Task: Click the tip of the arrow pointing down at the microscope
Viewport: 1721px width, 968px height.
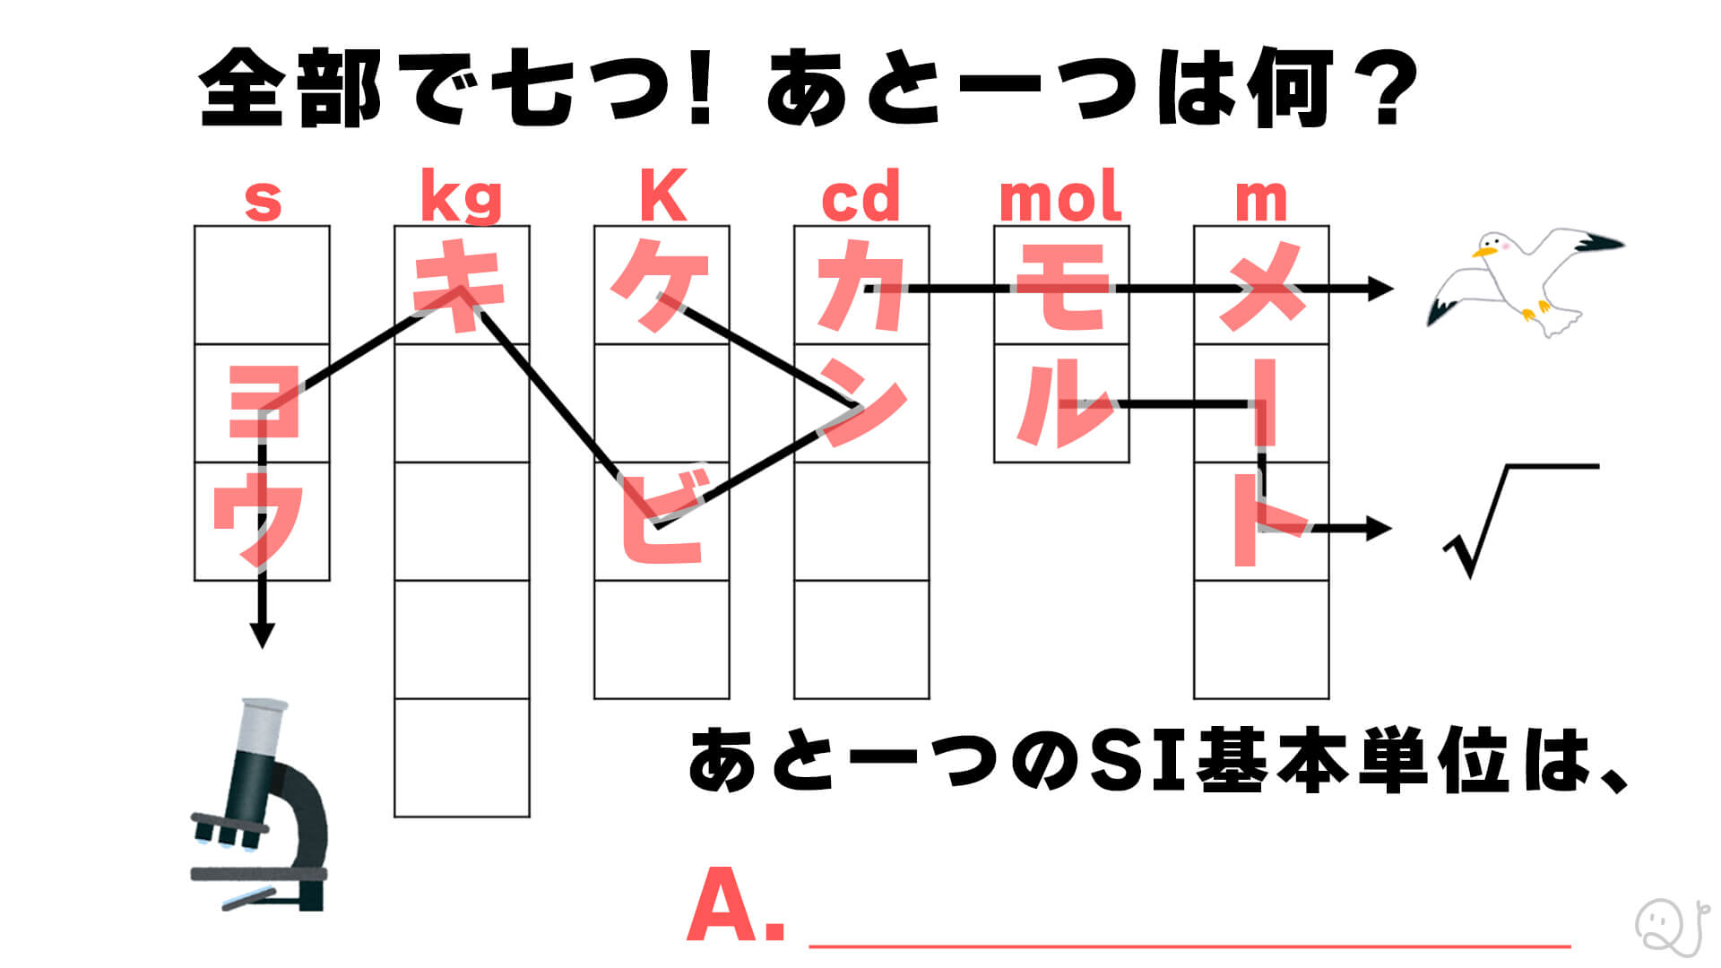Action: pos(262,647)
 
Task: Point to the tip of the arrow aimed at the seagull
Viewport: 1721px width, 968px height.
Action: pos(1394,289)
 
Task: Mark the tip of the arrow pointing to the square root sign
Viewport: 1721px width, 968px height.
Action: pos(1391,528)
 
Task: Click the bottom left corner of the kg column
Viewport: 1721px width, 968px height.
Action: pos(395,817)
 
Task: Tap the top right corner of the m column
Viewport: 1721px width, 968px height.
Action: pos(1328,227)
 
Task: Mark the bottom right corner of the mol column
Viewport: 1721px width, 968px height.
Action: pos(1129,462)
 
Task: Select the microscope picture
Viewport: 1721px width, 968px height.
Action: pos(260,804)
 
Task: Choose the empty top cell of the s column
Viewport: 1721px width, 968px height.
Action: pos(262,285)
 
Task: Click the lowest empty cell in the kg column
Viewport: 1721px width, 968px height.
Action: pos(463,757)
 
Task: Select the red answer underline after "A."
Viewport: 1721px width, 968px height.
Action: pos(1189,945)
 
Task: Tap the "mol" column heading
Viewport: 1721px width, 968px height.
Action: pos(1060,195)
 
